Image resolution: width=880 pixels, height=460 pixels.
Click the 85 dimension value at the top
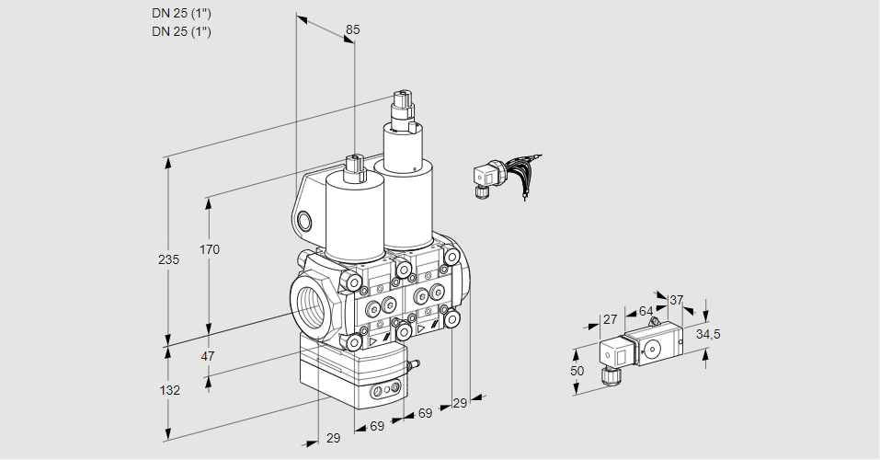352,29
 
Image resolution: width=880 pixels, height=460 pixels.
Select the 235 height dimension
168,259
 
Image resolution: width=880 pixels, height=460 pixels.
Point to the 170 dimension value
210,249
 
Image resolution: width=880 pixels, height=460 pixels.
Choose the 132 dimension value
170,390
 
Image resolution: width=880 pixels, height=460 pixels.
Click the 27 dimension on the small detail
608,319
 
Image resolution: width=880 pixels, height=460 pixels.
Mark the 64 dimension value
646,311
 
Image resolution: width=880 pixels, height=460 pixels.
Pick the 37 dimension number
676,300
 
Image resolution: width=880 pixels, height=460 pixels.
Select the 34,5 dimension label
708,334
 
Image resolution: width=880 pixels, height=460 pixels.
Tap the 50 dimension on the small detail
577,371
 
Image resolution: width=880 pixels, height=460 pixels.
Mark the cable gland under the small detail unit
608,374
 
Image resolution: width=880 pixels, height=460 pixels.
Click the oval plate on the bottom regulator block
385,393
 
